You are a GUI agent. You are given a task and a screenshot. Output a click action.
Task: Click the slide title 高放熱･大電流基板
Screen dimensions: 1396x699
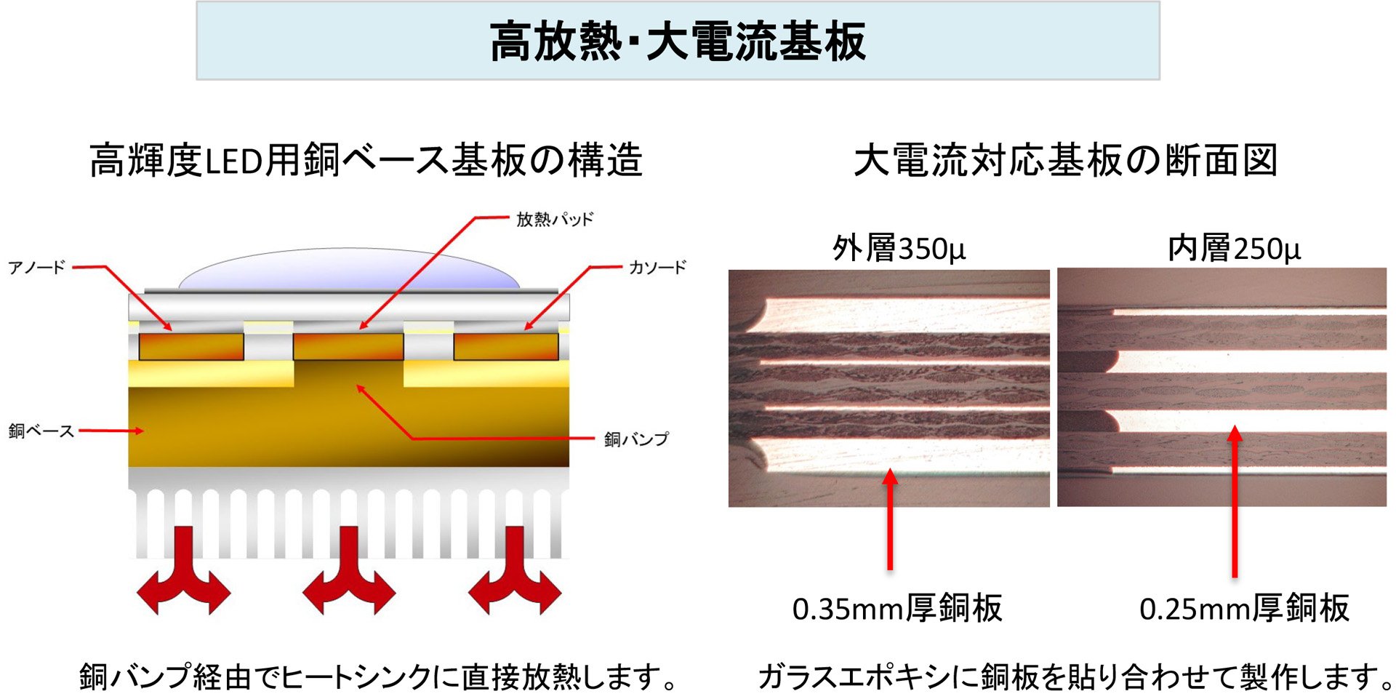(678, 41)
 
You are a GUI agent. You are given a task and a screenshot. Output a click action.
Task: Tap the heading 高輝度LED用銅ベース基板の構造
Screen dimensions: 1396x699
(366, 160)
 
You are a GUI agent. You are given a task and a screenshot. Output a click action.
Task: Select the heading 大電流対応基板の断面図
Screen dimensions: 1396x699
(1065, 160)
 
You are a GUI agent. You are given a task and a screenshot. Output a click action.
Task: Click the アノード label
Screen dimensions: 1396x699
(36, 268)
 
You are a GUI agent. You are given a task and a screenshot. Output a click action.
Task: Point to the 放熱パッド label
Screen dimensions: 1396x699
(555, 219)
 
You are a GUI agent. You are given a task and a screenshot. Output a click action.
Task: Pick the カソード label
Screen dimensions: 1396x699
(657, 268)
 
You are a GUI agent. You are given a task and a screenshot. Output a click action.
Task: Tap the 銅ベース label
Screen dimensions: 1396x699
(41, 431)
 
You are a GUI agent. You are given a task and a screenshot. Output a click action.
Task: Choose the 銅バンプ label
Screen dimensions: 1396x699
(636, 439)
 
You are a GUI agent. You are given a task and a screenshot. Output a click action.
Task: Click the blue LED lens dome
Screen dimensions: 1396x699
(349, 269)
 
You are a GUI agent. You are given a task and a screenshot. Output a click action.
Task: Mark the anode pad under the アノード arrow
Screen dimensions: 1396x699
(191, 346)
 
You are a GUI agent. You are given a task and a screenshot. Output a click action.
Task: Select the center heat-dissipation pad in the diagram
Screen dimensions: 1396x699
(348, 346)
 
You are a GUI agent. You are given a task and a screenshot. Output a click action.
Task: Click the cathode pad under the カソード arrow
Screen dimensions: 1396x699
(506, 346)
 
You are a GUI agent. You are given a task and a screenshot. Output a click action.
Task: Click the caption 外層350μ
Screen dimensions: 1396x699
(899, 249)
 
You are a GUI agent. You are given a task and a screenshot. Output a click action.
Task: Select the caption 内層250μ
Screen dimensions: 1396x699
(1234, 249)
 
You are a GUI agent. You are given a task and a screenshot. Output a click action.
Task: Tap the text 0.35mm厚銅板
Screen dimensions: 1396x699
(897, 608)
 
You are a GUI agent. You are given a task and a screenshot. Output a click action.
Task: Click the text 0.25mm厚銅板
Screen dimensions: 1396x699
(1244, 608)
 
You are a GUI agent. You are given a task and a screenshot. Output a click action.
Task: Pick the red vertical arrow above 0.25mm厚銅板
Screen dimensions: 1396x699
(1235, 502)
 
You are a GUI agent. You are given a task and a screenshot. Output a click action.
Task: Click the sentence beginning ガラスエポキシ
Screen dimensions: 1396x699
(1076, 676)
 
